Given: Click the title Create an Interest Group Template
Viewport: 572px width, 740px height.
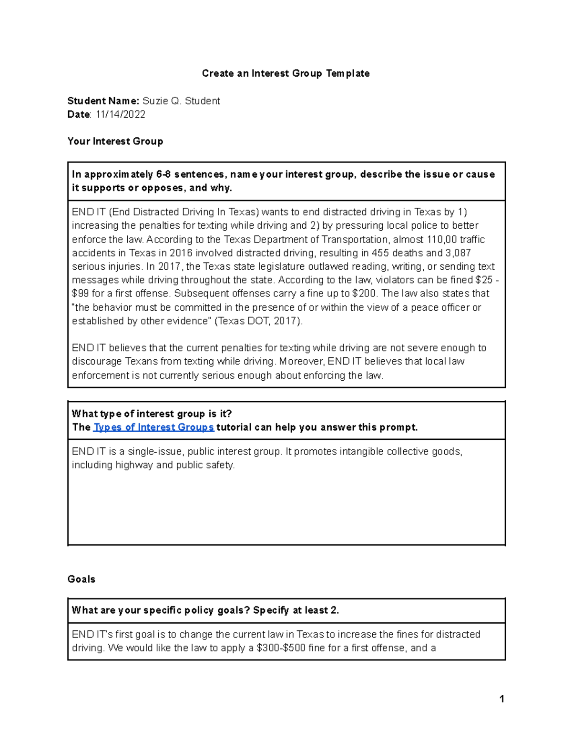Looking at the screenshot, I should [286, 73].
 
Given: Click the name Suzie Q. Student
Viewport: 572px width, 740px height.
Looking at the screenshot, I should [181, 101].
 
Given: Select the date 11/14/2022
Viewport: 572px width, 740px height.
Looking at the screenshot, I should [120, 114].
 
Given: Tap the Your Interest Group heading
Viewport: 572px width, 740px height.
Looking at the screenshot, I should [115, 142].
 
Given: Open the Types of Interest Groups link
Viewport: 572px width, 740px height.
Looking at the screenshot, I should [153, 427].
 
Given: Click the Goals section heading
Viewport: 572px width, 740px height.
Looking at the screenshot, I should [82, 579].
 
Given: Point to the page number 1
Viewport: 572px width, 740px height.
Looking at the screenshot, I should [501, 699].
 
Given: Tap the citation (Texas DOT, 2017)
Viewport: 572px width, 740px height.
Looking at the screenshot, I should [258, 321].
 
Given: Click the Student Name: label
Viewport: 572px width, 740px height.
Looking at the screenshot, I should [103, 101].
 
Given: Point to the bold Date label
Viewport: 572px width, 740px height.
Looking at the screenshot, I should [79, 114].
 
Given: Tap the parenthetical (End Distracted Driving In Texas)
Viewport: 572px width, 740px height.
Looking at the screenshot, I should [184, 212].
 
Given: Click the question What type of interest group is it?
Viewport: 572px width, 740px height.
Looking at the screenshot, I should [152, 414].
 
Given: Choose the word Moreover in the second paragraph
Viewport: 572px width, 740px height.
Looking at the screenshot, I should [302, 362].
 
